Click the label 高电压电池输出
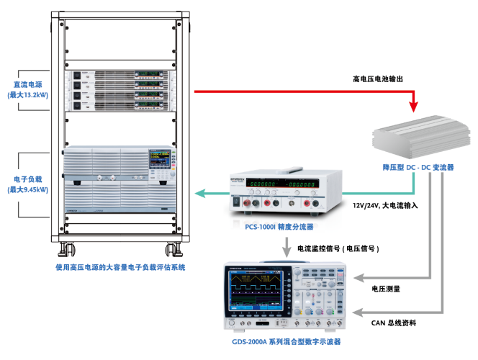tap(382, 78)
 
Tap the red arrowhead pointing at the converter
tap(413, 107)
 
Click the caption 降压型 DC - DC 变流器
tap(418, 168)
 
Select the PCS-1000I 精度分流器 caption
tap(280, 225)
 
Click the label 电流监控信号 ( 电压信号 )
tap(338, 248)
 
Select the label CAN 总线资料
tap(393, 323)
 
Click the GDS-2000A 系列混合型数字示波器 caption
tap(287, 341)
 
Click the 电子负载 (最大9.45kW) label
tap(28, 184)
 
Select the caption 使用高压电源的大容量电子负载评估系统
tap(120, 267)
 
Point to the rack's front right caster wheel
tap(173, 251)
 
